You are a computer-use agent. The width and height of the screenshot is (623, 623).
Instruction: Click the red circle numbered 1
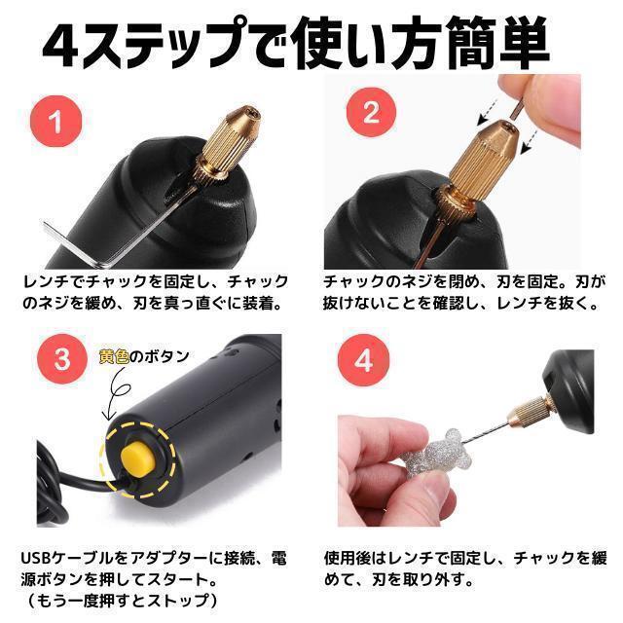(56, 121)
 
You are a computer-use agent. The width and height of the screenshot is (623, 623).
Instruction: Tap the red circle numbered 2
(371, 112)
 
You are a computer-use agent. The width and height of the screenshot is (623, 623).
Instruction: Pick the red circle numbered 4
(363, 359)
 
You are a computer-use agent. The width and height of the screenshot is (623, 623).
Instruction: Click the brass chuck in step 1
(226, 144)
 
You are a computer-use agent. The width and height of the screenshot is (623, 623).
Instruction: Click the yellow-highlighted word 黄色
(114, 356)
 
